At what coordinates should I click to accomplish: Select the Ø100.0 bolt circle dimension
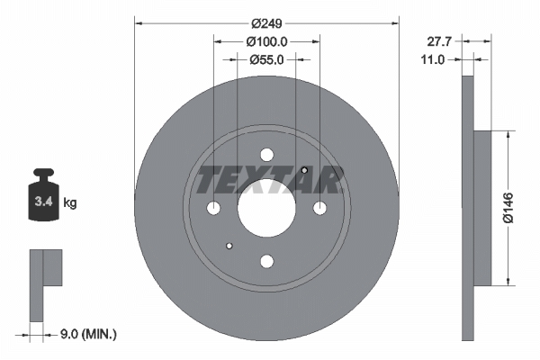(266, 41)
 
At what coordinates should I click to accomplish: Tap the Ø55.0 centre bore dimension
(266, 60)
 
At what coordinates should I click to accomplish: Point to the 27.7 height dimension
(438, 40)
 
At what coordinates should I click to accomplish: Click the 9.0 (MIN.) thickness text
(87, 334)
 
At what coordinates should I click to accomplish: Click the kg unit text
(71, 204)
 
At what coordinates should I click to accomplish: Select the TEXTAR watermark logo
(266, 180)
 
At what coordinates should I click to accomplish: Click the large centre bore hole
(266, 208)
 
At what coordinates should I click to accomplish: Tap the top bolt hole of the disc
(266, 155)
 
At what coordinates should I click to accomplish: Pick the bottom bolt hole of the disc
(266, 262)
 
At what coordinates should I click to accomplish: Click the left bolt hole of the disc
(213, 209)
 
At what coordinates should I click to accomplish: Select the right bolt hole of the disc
(320, 209)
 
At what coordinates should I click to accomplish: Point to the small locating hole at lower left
(229, 245)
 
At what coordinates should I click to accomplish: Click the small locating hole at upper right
(304, 171)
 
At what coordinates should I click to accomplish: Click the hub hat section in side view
(484, 207)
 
